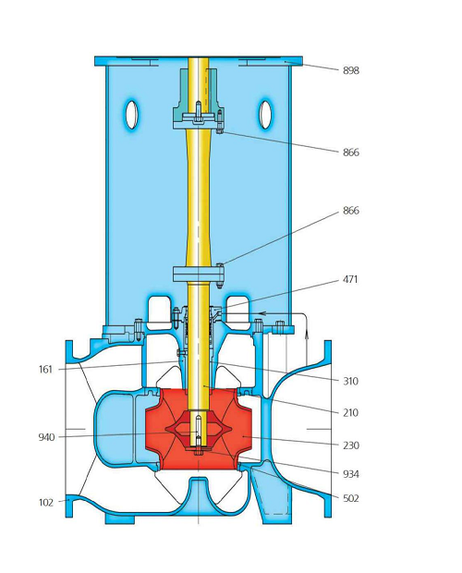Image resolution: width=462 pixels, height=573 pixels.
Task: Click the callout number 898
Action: coord(350,71)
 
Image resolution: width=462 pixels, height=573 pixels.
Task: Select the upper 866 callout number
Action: coord(350,152)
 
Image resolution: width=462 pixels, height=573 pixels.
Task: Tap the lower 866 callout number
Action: coord(350,211)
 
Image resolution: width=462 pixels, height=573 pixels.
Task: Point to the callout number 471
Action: coord(350,280)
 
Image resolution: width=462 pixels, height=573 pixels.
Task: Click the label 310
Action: coord(350,382)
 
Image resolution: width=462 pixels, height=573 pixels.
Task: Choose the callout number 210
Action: coord(350,413)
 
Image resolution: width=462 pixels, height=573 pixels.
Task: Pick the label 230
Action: coord(350,445)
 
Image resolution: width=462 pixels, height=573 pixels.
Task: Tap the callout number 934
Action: coord(350,475)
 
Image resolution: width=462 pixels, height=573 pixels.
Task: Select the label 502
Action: coord(350,499)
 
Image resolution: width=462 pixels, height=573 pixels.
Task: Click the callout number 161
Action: coord(45,370)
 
